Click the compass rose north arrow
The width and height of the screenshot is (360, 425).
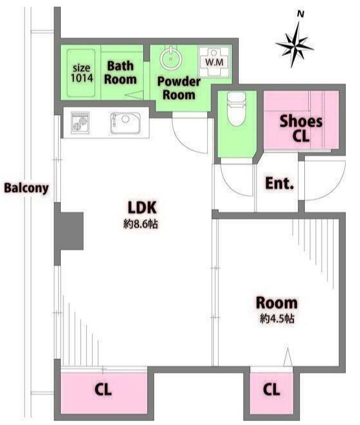[295, 43]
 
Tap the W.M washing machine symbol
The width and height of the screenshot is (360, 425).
[214, 62]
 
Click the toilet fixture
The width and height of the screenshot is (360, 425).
[236, 109]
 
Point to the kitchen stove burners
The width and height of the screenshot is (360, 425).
[80, 123]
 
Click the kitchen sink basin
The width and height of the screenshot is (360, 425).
[125, 124]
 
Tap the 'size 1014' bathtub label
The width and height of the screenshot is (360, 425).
[82, 73]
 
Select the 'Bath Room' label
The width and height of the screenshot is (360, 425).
[120, 72]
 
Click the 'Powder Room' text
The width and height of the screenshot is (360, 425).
[179, 88]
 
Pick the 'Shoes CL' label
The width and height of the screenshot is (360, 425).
[301, 129]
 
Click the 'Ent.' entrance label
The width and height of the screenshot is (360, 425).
[280, 183]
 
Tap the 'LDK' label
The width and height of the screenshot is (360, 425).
[142, 208]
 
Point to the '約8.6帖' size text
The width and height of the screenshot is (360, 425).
[141, 224]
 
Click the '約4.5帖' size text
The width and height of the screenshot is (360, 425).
[277, 318]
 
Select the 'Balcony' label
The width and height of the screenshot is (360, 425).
[26, 188]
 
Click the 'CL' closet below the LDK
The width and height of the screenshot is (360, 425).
[103, 390]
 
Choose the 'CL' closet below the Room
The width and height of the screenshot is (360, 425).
[271, 390]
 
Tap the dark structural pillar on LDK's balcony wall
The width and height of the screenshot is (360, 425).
[69, 231]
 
